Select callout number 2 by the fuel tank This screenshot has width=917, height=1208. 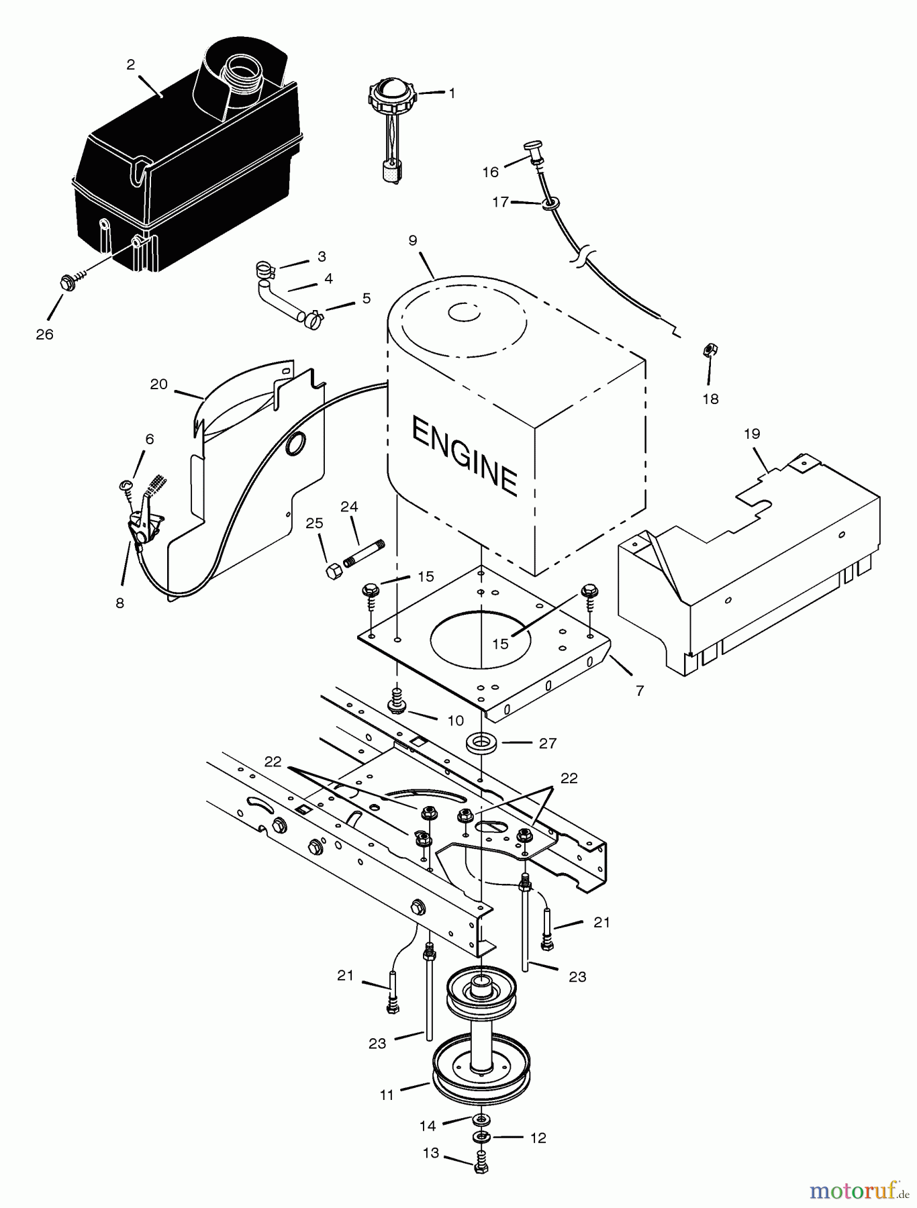point(131,64)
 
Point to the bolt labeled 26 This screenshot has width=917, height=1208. point(67,283)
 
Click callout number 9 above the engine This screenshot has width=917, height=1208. point(412,240)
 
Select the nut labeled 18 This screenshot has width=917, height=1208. point(707,349)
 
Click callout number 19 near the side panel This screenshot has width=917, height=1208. point(752,434)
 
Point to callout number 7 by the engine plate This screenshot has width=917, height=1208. point(640,690)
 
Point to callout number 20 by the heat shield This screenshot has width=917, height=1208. point(158,385)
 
